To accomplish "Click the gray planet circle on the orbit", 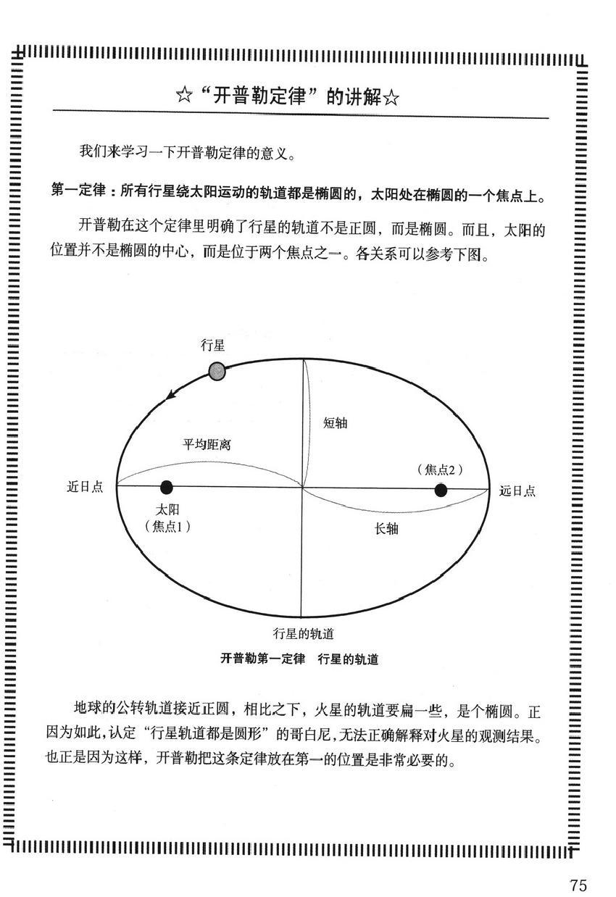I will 217,372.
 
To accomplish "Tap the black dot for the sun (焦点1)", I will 167,487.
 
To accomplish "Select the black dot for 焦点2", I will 441,491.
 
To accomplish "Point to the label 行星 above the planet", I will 213,346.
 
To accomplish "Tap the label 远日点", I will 517,491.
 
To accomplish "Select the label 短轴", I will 335,423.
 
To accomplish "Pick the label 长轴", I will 386,529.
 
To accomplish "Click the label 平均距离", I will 207,444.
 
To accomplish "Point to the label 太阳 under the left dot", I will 167,509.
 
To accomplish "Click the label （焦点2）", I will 440,470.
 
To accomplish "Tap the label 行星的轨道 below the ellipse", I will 303,634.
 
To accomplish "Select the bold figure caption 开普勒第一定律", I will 262,659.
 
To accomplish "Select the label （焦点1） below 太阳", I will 167,527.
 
